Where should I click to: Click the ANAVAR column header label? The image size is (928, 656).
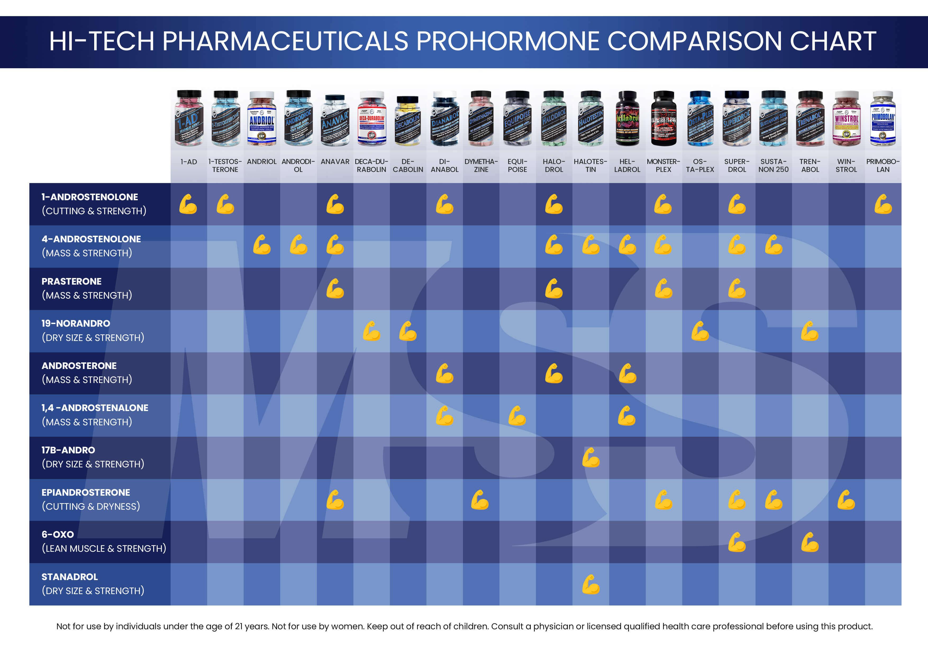(335, 162)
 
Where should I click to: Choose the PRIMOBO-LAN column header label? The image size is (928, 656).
(883, 165)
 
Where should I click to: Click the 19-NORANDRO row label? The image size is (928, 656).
(76, 323)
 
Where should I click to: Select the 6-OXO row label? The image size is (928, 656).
(58, 534)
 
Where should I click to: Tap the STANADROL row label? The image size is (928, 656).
(70, 577)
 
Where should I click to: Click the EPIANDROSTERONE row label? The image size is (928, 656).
(86, 492)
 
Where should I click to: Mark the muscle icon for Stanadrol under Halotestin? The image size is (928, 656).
(590, 585)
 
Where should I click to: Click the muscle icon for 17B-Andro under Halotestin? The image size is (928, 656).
(590, 458)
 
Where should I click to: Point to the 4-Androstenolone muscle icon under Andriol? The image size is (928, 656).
(262, 245)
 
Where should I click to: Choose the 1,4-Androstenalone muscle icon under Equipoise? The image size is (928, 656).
(517, 416)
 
